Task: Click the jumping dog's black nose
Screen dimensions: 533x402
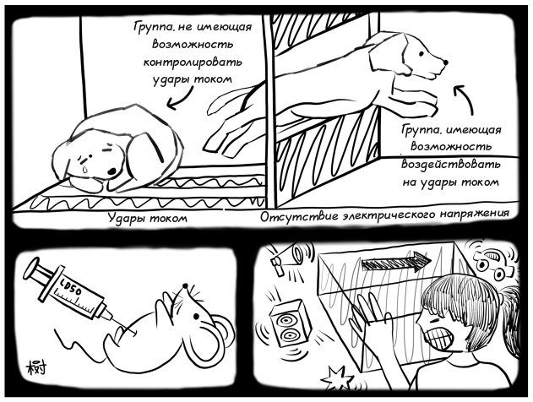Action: click(x=446, y=62)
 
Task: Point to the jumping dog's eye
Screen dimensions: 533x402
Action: click(x=422, y=53)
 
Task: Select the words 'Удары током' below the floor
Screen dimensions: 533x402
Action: click(x=148, y=218)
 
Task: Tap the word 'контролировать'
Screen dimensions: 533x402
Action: click(x=193, y=62)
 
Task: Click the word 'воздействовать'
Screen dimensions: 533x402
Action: click(x=451, y=165)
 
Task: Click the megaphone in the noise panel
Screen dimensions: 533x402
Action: click(x=286, y=258)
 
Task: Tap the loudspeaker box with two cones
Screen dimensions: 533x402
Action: click(x=291, y=323)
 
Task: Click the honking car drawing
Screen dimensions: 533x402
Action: click(x=492, y=260)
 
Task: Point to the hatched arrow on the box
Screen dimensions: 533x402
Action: click(x=396, y=263)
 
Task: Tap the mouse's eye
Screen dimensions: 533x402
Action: click(x=196, y=317)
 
